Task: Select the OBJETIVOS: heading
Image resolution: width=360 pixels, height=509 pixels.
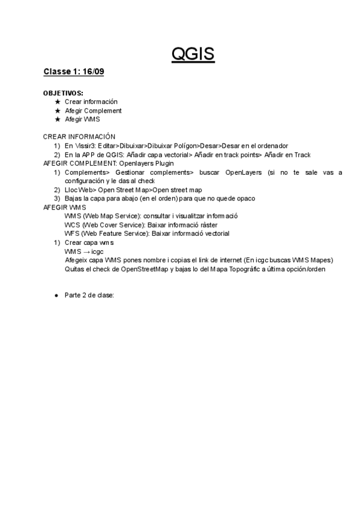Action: [x=63, y=94]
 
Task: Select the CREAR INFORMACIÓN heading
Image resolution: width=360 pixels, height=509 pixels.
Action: [x=79, y=137]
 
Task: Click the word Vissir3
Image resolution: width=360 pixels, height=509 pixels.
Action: [x=84, y=146]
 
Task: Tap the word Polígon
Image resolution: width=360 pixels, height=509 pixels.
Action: [x=186, y=146]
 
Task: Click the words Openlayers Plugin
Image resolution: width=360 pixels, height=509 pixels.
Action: [x=148, y=163]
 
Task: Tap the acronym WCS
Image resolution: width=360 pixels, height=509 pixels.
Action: [x=72, y=224]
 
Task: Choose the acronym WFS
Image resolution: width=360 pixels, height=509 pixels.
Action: [x=71, y=233]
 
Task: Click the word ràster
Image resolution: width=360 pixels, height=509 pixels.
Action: [x=216, y=224]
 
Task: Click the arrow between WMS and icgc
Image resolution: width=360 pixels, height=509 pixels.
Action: [x=86, y=251]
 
